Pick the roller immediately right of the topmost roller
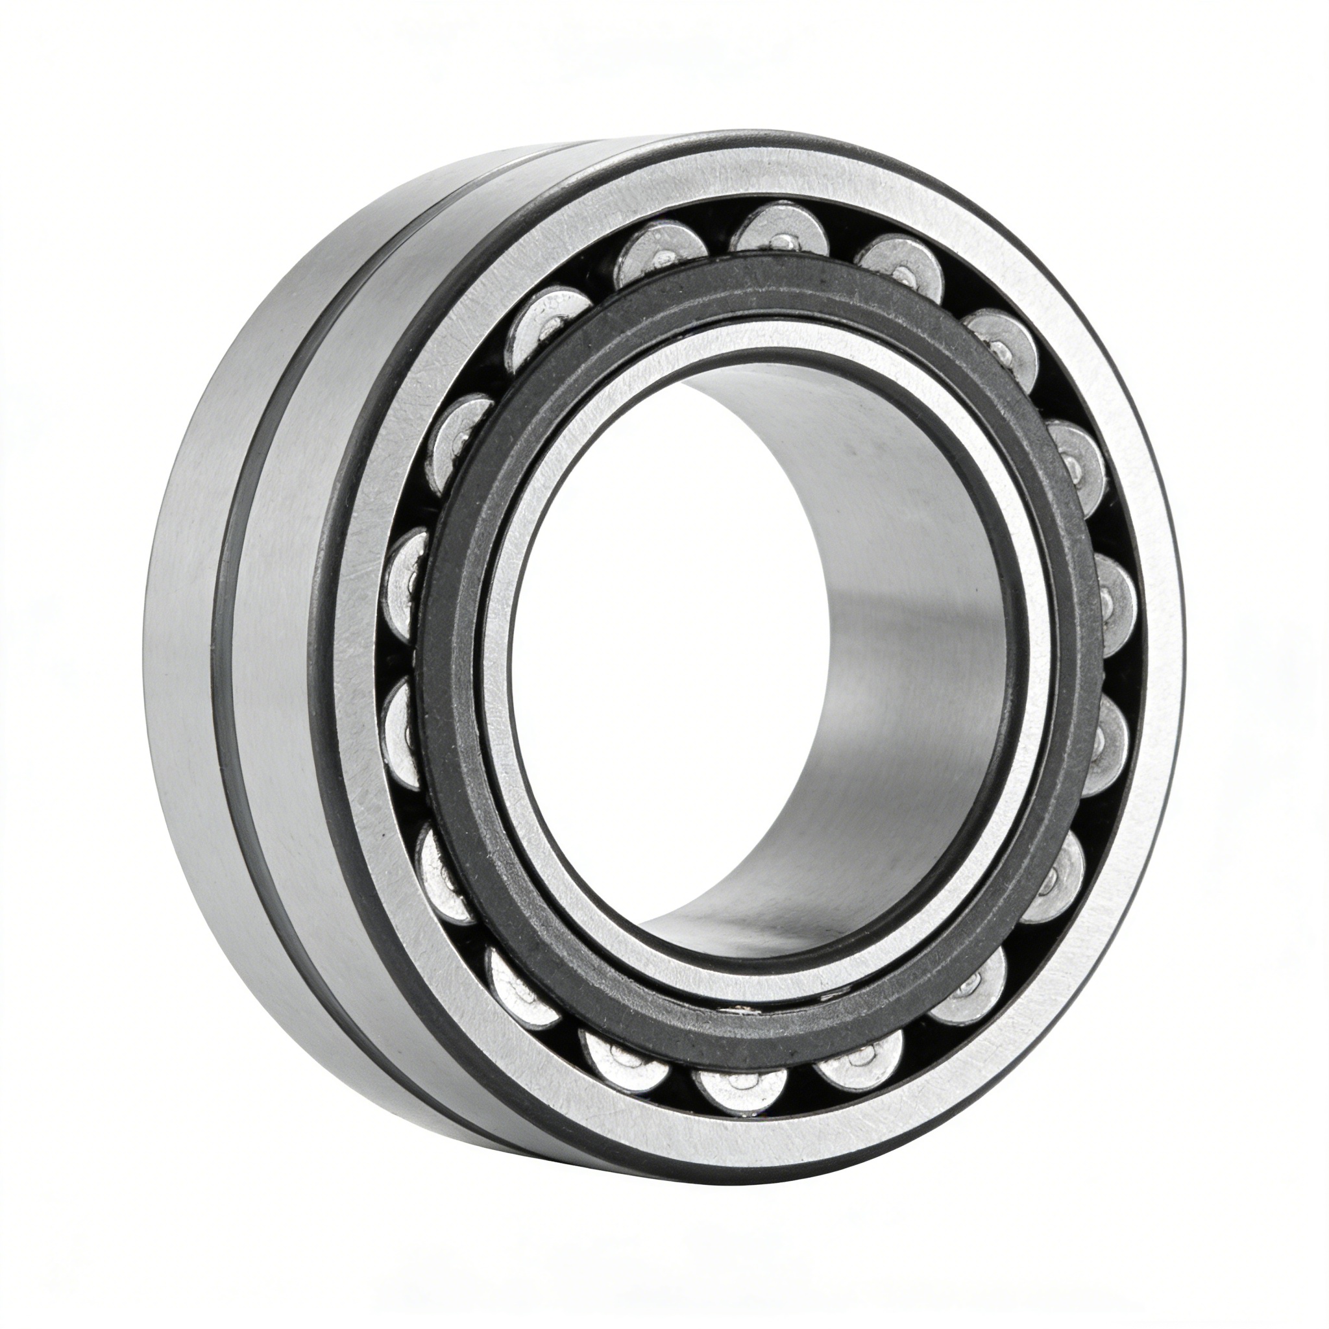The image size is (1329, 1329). click(x=894, y=265)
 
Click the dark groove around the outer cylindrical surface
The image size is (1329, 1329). click(x=234, y=688)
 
